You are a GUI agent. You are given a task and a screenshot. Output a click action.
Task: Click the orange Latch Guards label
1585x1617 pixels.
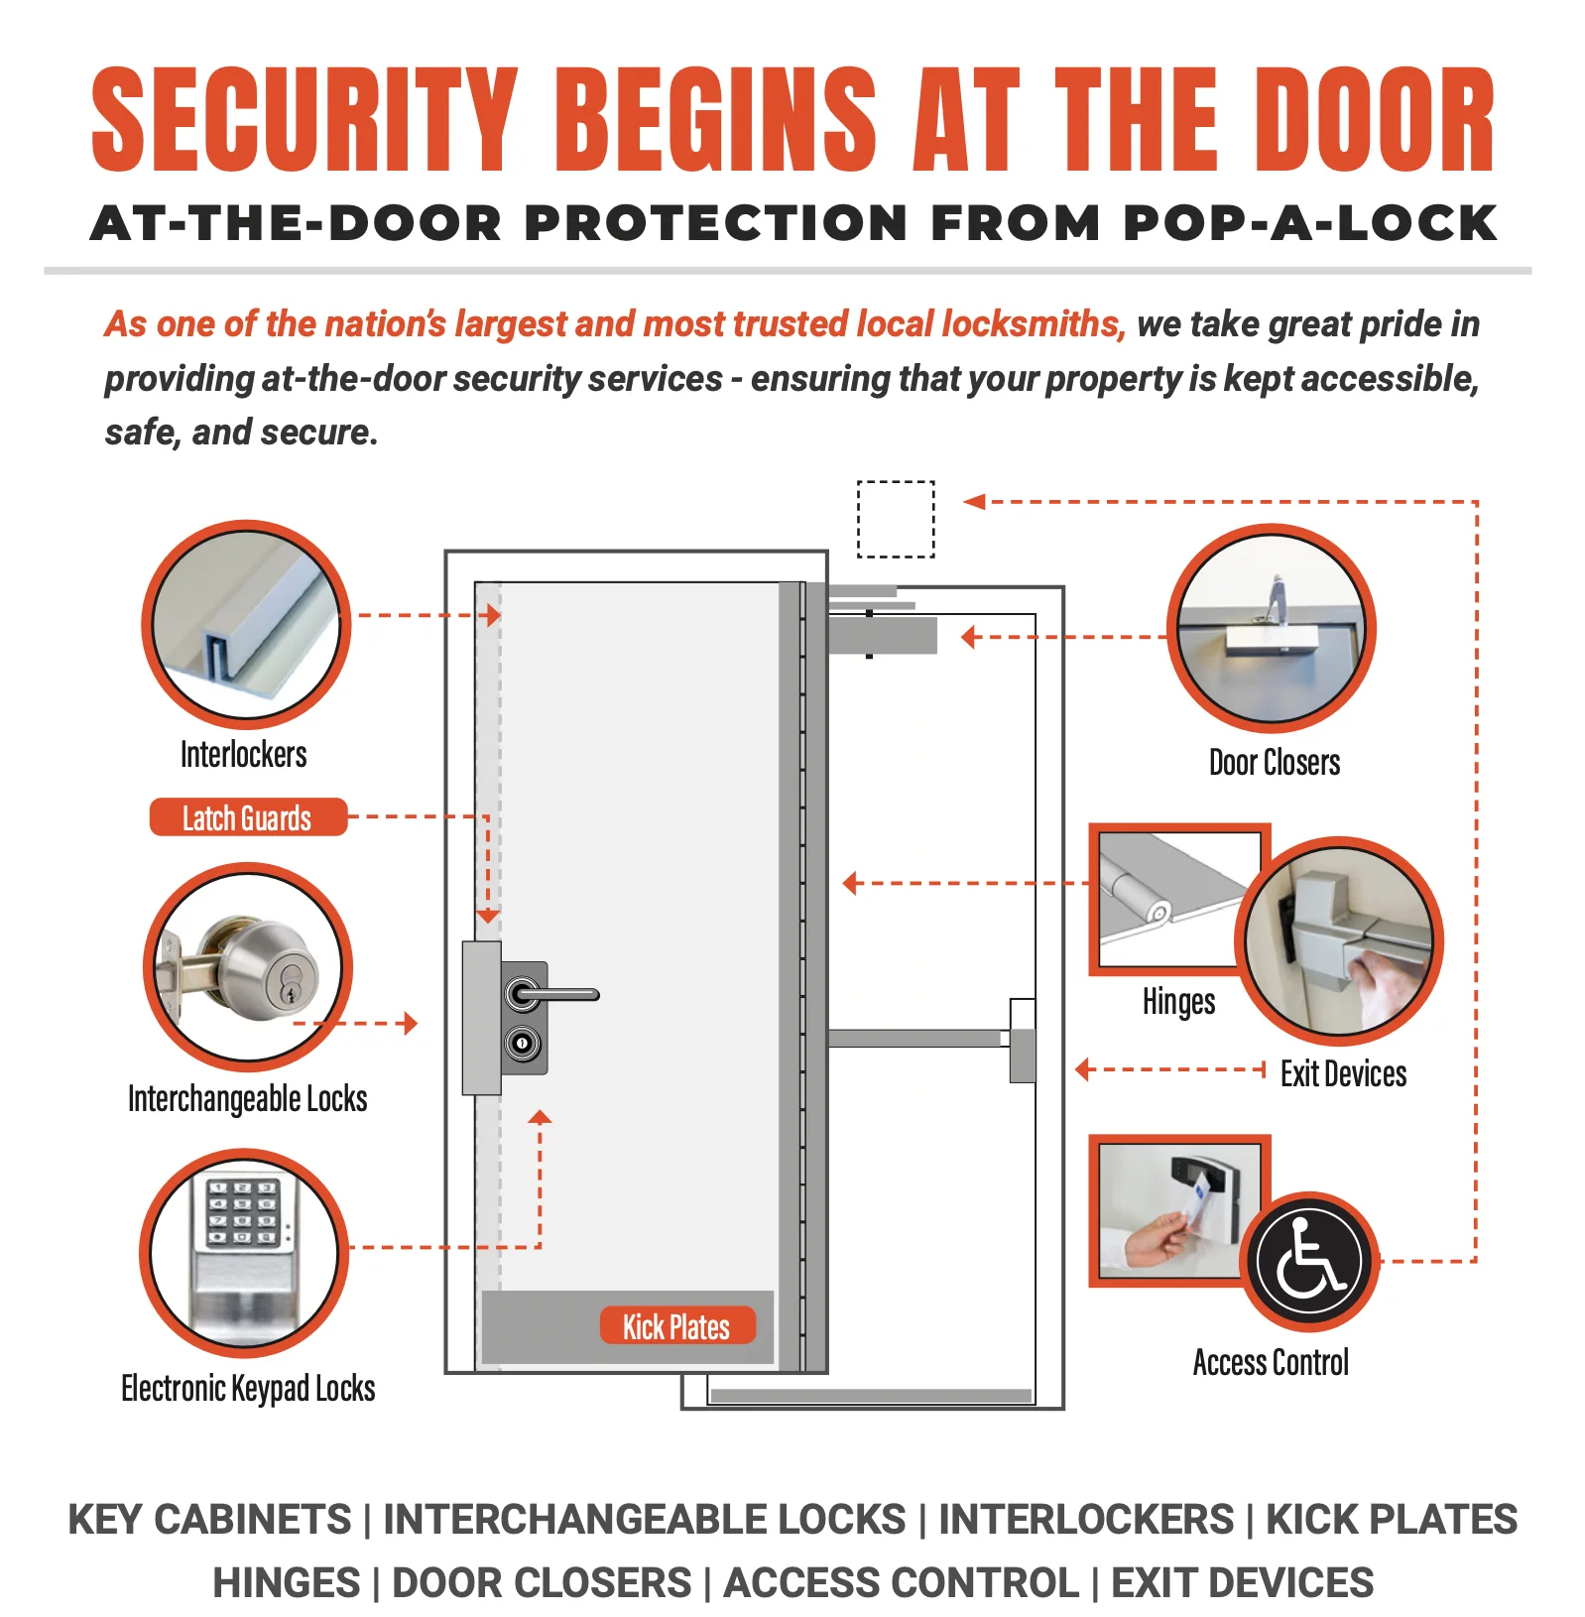tap(248, 817)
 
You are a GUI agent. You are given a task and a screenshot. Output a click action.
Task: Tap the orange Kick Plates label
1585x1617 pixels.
tap(677, 1325)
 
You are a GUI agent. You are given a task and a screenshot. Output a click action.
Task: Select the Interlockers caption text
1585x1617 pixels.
tap(244, 754)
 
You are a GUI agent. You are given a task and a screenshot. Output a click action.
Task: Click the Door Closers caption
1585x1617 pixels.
tap(1275, 762)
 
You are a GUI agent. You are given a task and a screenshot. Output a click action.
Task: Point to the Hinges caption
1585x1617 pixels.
tap(1178, 1002)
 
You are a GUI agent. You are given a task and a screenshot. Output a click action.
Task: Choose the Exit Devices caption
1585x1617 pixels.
tap(1343, 1073)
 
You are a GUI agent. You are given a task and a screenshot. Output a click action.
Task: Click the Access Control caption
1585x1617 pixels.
tap(1271, 1362)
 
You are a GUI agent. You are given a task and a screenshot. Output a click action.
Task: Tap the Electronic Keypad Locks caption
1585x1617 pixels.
tap(248, 1388)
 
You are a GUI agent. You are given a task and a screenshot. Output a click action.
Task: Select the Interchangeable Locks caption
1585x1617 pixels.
tap(248, 1098)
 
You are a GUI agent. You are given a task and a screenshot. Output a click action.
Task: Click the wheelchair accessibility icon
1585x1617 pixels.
tap(1310, 1261)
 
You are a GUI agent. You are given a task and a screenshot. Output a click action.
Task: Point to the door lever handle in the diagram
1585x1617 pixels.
tap(552, 994)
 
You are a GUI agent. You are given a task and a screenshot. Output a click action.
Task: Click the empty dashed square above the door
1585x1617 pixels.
tap(896, 519)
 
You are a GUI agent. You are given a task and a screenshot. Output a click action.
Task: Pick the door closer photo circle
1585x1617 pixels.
tap(1271, 629)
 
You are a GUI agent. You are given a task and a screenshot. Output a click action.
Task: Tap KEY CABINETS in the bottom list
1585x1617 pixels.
tap(209, 1520)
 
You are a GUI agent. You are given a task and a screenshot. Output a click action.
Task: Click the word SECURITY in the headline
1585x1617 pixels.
tap(305, 120)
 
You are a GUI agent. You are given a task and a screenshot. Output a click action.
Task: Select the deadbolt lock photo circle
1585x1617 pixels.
tap(248, 967)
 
